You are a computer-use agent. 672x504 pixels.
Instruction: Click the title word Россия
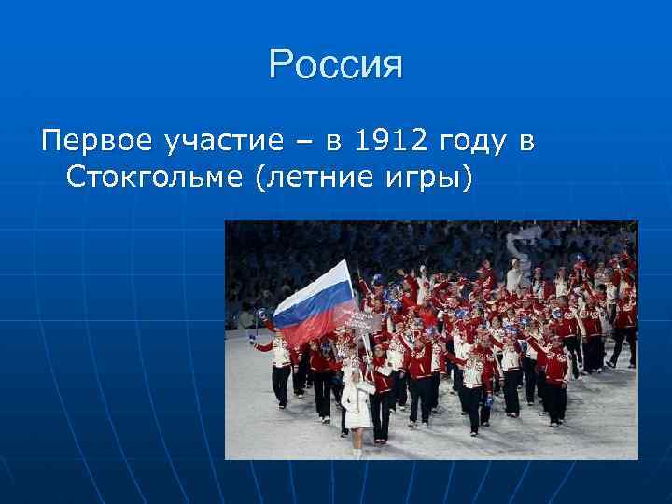[335, 65]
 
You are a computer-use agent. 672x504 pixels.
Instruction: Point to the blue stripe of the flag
[314, 301]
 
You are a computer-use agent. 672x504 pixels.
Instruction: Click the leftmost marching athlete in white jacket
[277, 364]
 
